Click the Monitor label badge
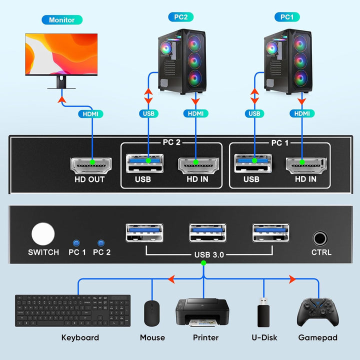(62, 20)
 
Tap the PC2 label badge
(180, 17)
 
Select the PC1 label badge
(286, 17)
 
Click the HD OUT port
(91, 164)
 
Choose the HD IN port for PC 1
(306, 163)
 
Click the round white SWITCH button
(43, 233)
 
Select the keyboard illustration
(72, 310)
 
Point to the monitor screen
(61, 54)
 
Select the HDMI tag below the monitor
(90, 114)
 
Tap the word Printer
(205, 337)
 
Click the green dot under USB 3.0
(203, 263)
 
